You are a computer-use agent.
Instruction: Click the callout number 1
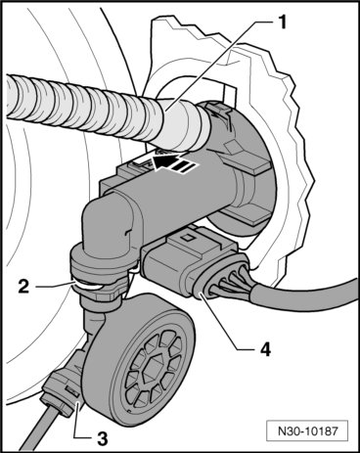click(281, 23)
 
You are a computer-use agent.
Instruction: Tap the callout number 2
click(23, 287)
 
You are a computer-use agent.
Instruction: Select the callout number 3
click(102, 438)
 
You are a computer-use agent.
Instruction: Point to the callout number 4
click(265, 349)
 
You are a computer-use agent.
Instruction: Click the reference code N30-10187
click(307, 431)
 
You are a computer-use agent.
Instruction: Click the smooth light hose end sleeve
click(183, 126)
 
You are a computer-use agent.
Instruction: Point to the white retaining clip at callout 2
click(88, 287)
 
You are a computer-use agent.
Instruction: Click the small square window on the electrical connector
click(187, 238)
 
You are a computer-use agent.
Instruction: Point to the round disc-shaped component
click(140, 360)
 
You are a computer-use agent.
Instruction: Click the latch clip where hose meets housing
click(217, 113)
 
